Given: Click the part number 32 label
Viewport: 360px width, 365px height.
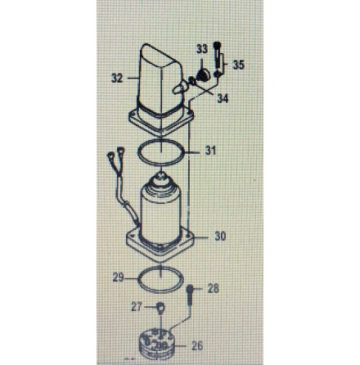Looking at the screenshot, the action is pyautogui.click(x=117, y=79).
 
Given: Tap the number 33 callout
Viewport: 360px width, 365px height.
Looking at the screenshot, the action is pyautogui.click(x=202, y=49).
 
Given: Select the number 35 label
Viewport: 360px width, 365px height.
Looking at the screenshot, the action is pyautogui.click(x=238, y=65).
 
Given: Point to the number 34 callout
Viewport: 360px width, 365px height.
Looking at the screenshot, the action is pyautogui.click(x=223, y=98).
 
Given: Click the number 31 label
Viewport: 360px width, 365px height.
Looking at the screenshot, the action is pyautogui.click(x=210, y=151).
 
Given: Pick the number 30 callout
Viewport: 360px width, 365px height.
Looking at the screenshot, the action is pyautogui.click(x=220, y=237).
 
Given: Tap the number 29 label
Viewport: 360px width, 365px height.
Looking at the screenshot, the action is pyautogui.click(x=119, y=278).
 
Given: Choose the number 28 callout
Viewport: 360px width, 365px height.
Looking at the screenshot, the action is pyautogui.click(x=213, y=288).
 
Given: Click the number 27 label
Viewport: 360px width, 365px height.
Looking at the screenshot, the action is pyautogui.click(x=137, y=307).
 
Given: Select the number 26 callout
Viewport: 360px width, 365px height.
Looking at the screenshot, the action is pyautogui.click(x=197, y=346).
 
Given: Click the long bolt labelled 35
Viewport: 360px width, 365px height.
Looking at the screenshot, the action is pyautogui.click(x=218, y=60).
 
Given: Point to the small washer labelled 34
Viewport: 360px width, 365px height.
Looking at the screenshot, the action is pyautogui.click(x=192, y=81).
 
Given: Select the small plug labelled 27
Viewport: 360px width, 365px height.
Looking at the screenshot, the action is pyautogui.click(x=161, y=309).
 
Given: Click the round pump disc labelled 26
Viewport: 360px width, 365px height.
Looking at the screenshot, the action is pyautogui.click(x=155, y=343).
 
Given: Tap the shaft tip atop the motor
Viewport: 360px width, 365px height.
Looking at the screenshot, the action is pyautogui.click(x=161, y=175).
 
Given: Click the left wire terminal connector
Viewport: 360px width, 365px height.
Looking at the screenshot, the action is pyautogui.click(x=110, y=157).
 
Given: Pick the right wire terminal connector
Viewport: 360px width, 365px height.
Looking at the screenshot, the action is pyautogui.click(x=120, y=151).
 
